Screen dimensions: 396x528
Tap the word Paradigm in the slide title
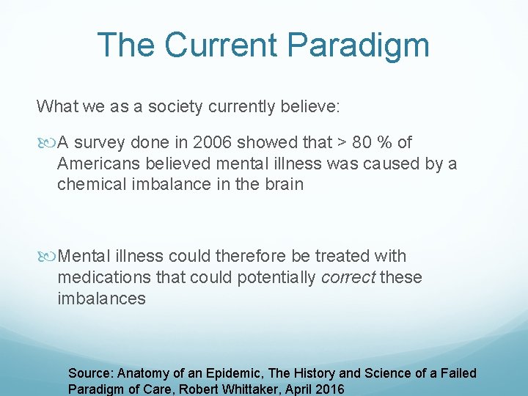[359, 46]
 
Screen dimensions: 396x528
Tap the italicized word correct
[350, 277]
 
